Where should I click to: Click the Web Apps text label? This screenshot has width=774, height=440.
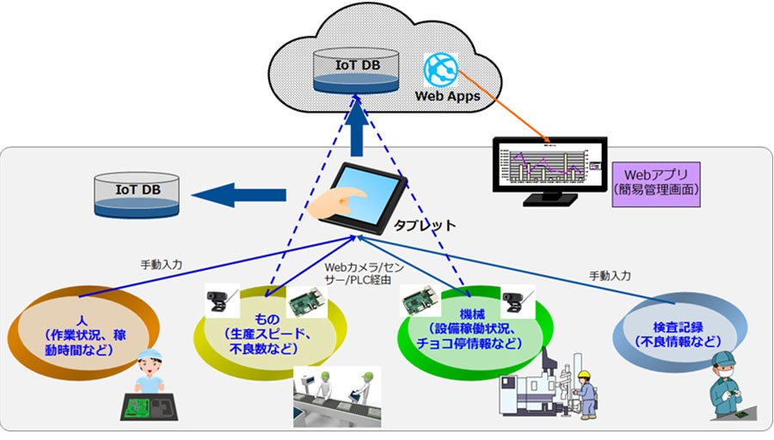coord(447,95)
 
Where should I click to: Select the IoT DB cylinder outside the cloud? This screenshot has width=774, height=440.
coord(138,196)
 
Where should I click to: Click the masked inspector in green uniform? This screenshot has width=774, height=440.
coord(728,386)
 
